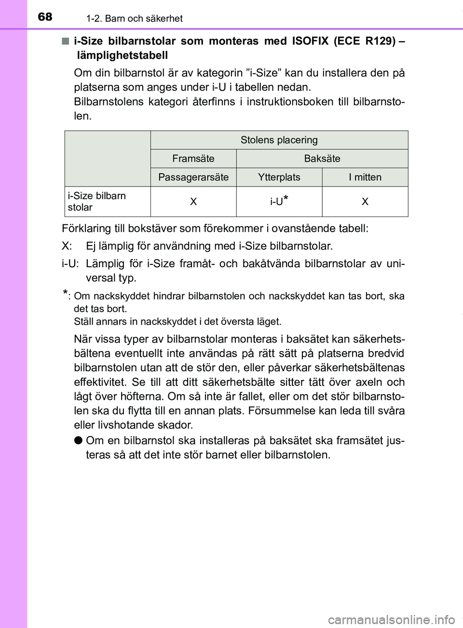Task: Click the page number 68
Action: click(45, 17)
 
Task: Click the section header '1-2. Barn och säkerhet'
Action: click(134, 18)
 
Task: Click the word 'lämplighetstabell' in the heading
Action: click(123, 55)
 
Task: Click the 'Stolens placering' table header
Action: click(279, 140)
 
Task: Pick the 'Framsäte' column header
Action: click(193, 159)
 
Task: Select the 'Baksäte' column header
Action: click(322, 159)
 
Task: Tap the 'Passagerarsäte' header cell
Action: click(193, 177)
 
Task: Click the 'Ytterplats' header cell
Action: click(279, 177)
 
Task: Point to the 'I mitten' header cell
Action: click(365, 177)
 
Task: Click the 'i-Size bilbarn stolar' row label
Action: click(97, 202)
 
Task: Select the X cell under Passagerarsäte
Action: click(193, 202)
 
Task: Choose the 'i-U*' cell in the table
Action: click(279, 201)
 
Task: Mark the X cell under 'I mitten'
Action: click(365, 202)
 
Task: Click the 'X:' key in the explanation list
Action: click(67, 246)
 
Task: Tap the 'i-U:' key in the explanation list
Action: click(70, 264)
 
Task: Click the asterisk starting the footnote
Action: click(65, 294)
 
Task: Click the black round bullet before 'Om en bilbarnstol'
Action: click(78, 440)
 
